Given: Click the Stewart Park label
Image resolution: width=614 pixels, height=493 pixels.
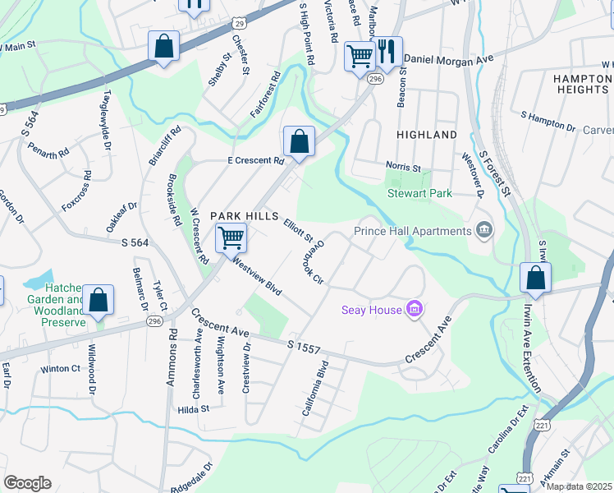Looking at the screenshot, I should click(419, 194).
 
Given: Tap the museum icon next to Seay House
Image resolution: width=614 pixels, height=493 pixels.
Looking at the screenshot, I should click(415, 309).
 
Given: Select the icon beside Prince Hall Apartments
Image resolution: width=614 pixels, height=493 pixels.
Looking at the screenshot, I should click(484, 230).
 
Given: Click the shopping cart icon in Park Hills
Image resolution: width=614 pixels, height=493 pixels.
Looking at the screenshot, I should click(231, 237).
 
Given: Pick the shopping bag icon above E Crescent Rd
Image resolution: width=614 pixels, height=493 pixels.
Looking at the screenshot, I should click(300, 141).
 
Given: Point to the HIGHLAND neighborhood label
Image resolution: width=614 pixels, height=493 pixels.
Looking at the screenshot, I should click(426, 134).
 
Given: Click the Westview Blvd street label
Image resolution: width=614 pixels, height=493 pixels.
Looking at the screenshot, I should click(256, 276).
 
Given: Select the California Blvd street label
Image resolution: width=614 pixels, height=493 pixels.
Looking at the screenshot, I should click(315, 388).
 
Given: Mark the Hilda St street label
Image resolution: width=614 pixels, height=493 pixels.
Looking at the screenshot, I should click(194, 408).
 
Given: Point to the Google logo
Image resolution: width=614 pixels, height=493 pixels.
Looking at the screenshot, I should click(27, 483).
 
